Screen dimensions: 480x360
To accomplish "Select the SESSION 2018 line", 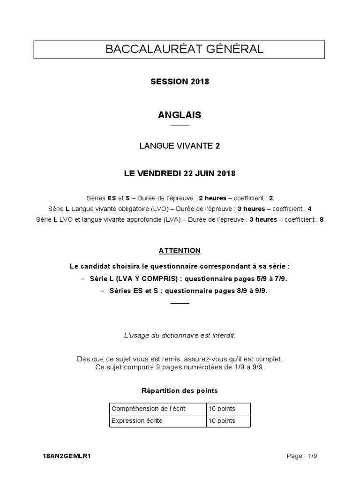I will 180,82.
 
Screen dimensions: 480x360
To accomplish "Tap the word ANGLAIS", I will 180,115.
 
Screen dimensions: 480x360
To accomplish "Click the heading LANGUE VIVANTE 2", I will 180,146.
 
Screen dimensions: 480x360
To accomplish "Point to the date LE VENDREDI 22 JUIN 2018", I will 180,173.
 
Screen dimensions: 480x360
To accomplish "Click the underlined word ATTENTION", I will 180,251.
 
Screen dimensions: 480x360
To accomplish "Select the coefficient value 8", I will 322,219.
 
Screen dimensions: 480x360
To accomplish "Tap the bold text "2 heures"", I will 213,198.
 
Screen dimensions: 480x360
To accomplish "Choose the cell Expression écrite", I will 137,421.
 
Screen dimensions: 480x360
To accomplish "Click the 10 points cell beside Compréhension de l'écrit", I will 222,409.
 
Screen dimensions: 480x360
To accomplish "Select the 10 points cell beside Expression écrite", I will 222,421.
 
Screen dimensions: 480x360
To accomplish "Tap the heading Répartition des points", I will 180,390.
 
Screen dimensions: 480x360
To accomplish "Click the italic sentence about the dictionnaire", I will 180,336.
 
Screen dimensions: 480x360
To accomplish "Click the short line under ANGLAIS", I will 180,126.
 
